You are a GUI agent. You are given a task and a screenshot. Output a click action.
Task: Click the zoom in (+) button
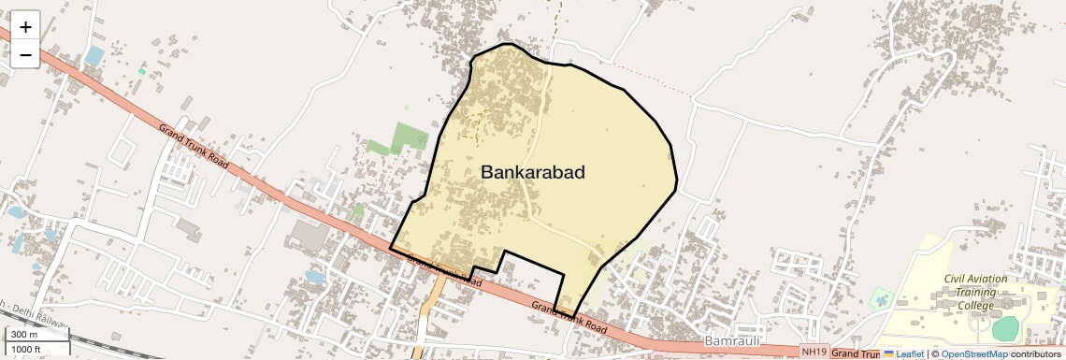pos(25,27)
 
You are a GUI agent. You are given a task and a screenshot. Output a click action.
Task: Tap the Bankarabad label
pos(532,172)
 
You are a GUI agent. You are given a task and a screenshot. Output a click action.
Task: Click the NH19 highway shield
pos(814,352)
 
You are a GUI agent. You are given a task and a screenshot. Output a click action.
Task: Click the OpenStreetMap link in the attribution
pos(973,354)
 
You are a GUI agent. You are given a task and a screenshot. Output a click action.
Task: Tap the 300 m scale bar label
pos(24,335)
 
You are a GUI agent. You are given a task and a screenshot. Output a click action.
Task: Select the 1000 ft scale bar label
pos(26,350)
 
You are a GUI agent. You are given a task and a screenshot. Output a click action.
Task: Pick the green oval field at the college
pos(1005,328)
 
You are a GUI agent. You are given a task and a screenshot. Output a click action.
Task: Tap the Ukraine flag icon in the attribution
pos(889,354)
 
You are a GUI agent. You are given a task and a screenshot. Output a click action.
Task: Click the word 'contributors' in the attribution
pos(1035,354)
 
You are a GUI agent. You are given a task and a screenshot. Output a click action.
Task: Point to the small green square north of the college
pos(880,300)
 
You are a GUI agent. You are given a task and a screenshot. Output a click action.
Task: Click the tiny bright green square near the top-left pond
pos(142,71)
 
